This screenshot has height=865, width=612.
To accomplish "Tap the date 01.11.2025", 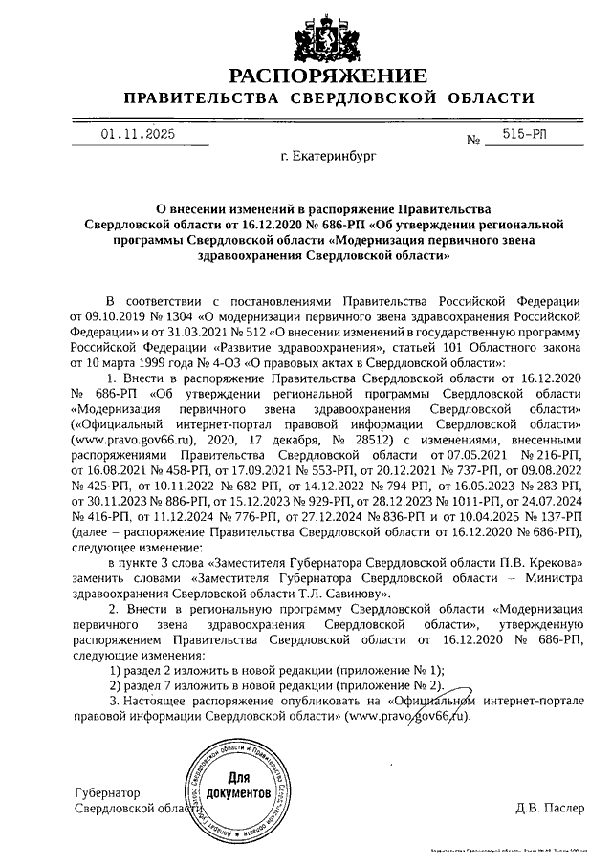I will tap(139, 135).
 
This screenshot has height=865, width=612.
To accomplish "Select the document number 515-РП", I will tap(524, 137).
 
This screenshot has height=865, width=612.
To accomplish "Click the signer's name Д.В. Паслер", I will tap(549, 809).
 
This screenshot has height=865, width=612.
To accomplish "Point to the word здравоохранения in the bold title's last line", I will tap(251, 257).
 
